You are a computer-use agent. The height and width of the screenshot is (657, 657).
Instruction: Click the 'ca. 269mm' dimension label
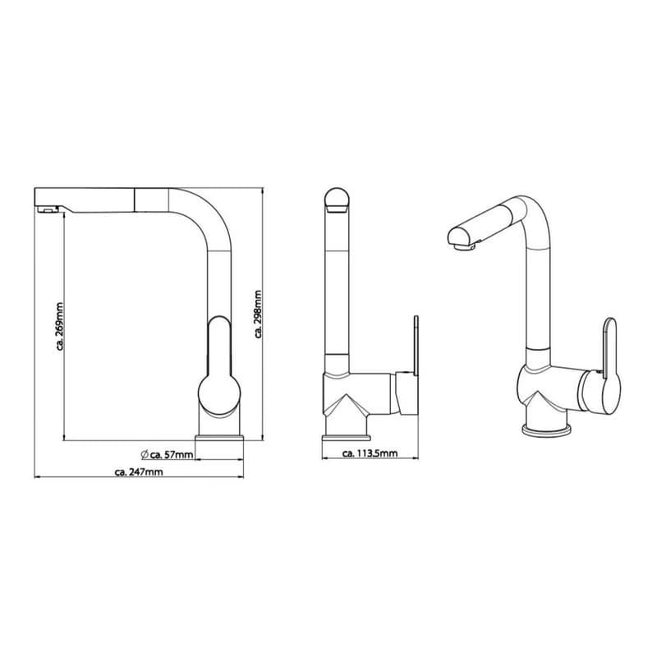(x=60, y=326)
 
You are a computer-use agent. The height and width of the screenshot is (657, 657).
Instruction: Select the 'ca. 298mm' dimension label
(x=258, y=314)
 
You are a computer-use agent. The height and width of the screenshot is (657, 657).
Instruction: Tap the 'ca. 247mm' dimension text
(x=139, y=471)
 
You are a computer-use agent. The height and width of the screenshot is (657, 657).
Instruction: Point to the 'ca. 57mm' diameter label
(x=172, y=454)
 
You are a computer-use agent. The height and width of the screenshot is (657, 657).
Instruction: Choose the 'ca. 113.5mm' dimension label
(x=370, y=453)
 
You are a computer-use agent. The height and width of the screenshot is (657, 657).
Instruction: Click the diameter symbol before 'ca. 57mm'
(x=145, y=454)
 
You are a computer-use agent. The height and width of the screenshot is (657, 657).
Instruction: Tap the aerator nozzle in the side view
(x=47, y=209)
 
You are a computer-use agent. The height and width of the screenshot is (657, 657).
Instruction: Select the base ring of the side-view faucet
(x=219, y=438)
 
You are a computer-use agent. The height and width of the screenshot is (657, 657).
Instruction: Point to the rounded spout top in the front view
(x=337, y=200)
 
